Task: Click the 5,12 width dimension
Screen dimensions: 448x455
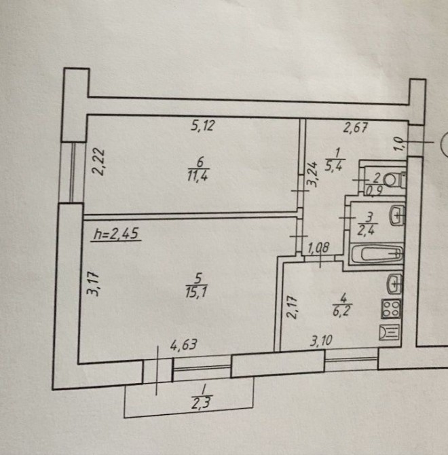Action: point(203,126)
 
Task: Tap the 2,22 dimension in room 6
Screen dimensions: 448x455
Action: point(99,162)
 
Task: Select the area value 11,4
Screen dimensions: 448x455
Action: point(198,176)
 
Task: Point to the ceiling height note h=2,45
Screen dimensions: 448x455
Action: point(117,234)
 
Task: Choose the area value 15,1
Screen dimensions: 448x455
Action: point(196,291)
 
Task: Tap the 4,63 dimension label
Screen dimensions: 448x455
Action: point(183,345)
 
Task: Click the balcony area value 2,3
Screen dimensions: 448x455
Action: point(202,403)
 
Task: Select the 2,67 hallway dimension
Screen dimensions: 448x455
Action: point(356,128)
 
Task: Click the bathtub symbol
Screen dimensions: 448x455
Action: point(377,254)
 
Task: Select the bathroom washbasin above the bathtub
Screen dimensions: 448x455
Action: point(397,215)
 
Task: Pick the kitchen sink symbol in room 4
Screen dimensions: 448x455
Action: point(394,284)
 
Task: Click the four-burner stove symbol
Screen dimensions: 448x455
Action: point(391,309)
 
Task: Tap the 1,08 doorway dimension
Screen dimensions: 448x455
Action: point(318,248)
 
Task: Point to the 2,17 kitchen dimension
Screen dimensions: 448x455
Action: point(293,307)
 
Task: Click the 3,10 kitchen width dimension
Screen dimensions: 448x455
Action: point(321,340)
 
